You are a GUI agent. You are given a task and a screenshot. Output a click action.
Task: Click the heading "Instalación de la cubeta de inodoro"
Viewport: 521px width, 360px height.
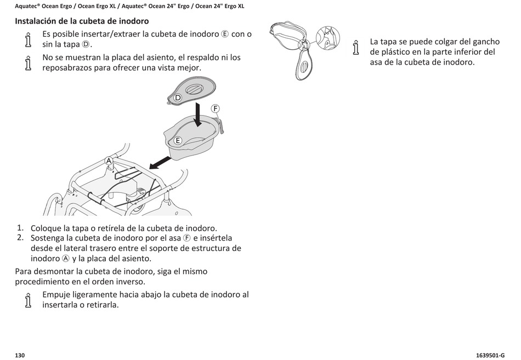[x=82, y=21]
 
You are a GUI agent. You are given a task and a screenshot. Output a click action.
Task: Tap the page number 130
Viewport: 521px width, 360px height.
[x=20, y=355]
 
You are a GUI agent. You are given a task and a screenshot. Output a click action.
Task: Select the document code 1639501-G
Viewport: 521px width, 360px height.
[x=490, y=355]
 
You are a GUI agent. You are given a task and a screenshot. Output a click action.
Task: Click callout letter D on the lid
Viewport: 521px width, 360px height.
[x=178, y=98]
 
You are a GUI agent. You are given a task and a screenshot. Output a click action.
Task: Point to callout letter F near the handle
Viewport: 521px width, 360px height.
[x=216, y=108]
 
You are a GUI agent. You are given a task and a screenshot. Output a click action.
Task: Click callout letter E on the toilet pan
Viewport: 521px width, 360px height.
[x=178, y=141]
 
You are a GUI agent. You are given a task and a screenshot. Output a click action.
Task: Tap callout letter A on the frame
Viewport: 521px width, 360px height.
[x=109, y=161]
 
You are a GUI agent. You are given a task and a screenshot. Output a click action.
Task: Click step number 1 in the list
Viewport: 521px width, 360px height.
[x=20, y=227]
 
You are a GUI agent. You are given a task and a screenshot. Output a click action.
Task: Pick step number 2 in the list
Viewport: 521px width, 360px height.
[x=20, y=237]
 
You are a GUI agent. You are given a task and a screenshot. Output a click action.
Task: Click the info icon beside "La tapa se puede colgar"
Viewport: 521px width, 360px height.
[x=356, y=47]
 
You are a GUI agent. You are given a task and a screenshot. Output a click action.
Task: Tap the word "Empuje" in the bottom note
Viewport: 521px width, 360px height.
[x=57, y=295]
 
